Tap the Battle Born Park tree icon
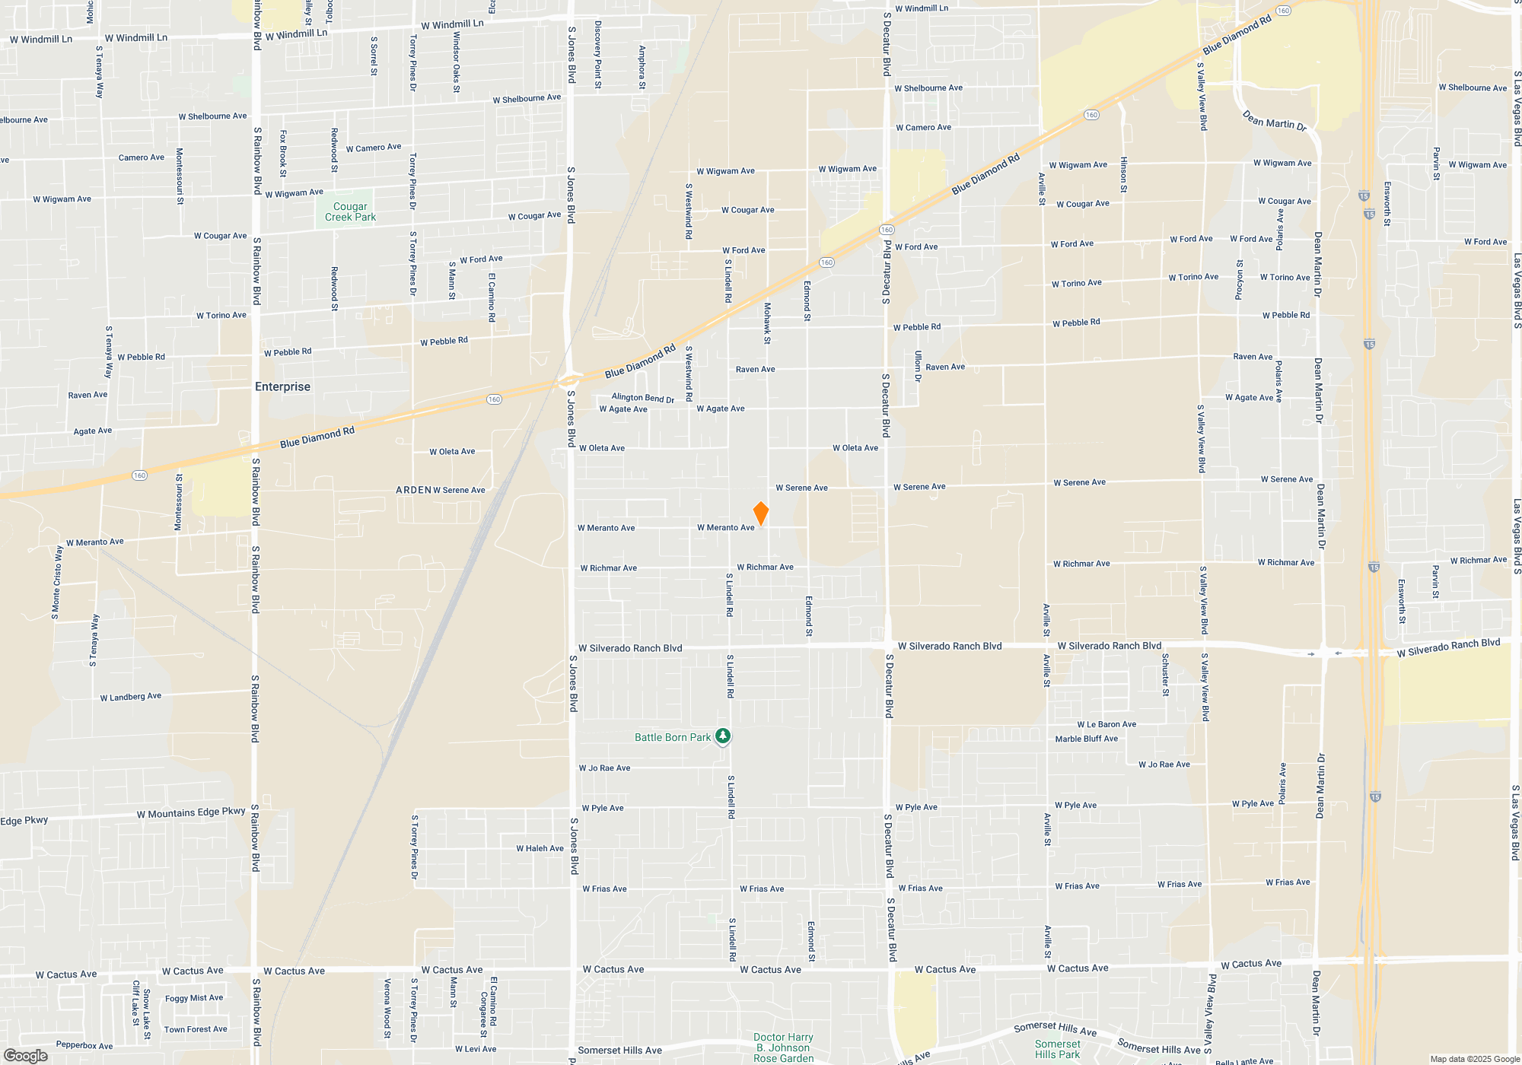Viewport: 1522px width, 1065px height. pos(723,736)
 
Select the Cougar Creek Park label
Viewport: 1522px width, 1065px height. pos(350,211)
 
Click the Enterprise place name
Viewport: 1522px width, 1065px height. pos(282,386)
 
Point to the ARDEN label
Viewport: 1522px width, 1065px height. pos(413,490)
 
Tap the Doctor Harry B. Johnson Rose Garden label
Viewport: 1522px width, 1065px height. pos(783,1048)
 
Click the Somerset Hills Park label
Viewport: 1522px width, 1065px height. pos(1057,1049)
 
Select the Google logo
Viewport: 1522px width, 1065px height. pos(25,1055)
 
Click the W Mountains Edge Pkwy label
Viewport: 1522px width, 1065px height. pos(191,812)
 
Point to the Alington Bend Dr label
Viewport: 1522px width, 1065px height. pos(642,397)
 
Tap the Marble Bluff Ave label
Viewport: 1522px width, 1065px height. pos(1086,739)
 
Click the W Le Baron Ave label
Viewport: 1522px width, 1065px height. pos(1106,724)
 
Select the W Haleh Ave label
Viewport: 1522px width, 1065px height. pos(540,848)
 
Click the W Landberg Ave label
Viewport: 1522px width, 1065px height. pos(131,696)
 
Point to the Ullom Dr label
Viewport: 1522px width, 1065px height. pos(919,366)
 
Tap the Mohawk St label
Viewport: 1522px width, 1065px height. pos(767,323)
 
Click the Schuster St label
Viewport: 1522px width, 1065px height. pos(1165,674)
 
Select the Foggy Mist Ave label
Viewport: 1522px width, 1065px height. pos(194,998)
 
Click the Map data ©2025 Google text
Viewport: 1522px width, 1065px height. pos(1474,1059)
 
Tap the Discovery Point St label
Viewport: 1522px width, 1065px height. pos(598,54)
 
